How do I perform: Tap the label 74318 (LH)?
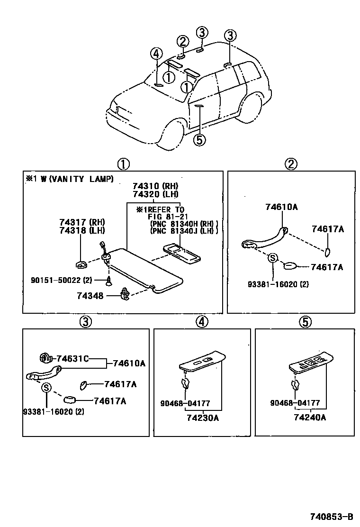click(x=82, y=230)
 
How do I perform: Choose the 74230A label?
click(x=202, y=418)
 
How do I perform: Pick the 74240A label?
click(x=310, y=418)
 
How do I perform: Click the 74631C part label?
click(x=72, y=358)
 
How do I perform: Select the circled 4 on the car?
click(x=157, y=54)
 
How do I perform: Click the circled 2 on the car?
click(x=183, y=41)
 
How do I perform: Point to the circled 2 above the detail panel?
click(x=290, y=164)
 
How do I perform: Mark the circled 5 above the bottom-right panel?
click(x=305, y=322)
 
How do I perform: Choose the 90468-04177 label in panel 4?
click(x=186, y=403)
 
